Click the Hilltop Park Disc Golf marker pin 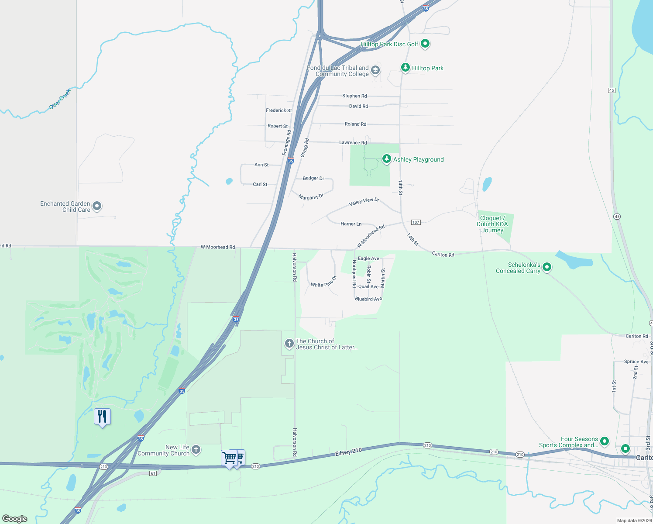coord(425,44)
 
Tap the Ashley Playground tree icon coord(386,159)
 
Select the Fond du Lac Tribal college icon coord(375,70)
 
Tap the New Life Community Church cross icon coord(196,449)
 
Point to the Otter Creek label coord(59,99)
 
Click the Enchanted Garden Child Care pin coord(97,206)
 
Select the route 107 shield coord(416,222)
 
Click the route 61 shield coord(153,473)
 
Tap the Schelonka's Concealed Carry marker coord(546,267)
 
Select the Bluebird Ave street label coord(368,299)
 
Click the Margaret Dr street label coord(311,197)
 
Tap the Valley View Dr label coord(364,202)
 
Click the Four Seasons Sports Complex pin coord(604,441)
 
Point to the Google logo coord(15,518)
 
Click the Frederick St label coord(279,110)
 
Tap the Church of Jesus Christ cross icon coord(289,344)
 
